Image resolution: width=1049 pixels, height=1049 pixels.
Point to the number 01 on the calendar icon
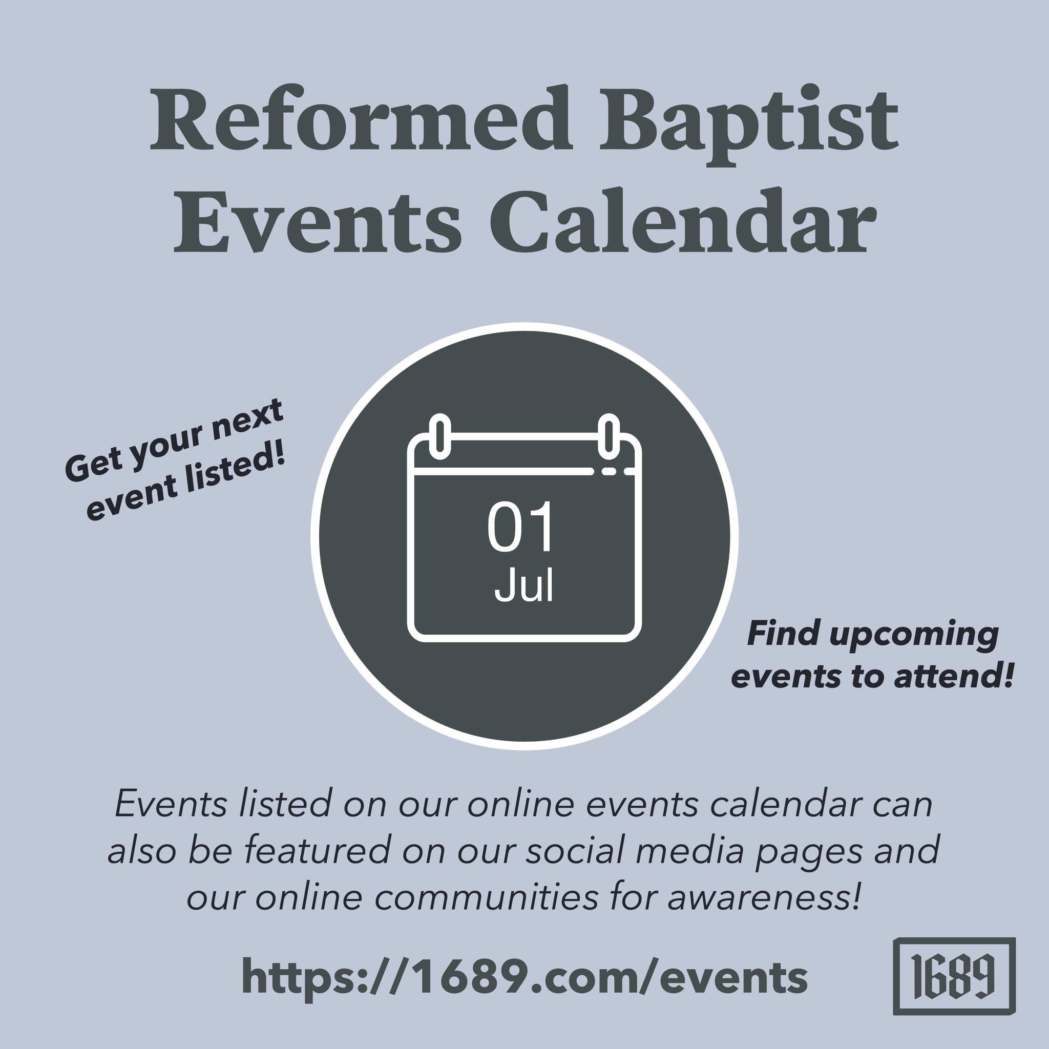[520, 527]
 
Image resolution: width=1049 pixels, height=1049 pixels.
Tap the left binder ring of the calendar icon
[440, 435]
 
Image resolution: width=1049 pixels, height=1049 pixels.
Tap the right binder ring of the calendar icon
[609, 435]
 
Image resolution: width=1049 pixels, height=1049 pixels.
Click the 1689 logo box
[954, 976]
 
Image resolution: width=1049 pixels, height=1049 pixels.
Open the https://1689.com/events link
[524, 976]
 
